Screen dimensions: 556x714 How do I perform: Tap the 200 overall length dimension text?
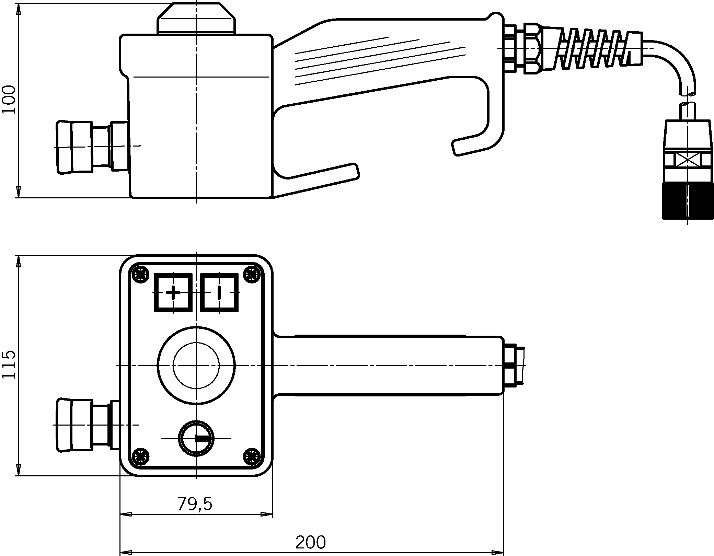pos(310,543)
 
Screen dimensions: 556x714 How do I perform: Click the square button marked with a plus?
pos(173,293)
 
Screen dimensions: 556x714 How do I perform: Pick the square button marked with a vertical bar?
pos(219,293)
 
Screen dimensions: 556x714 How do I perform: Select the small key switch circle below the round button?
pos(196,438)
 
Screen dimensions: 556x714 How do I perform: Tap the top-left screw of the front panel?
pos(141,274)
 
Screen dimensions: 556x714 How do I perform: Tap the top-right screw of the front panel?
pos(251,274)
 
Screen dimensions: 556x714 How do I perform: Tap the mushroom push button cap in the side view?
pos(196,18)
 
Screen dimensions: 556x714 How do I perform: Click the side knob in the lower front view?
pos(74,425)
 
